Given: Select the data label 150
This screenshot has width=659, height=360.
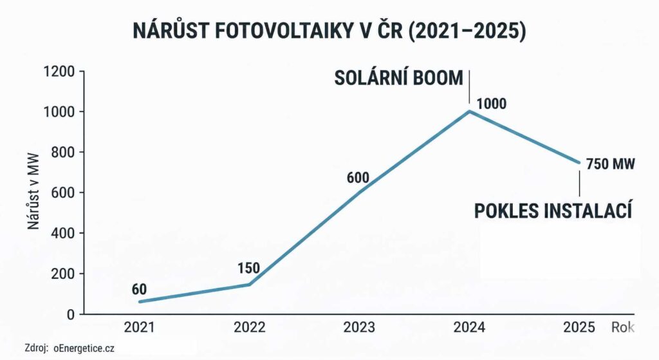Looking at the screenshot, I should tap(248, 268).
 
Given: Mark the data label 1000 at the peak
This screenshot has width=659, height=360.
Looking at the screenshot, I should tap(491, 104).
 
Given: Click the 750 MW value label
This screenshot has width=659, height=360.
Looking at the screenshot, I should tap(610, 164).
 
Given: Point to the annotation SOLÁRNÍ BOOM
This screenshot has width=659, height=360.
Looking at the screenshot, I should tap(398, 79).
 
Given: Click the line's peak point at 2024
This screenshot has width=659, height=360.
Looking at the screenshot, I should tap(469, 111).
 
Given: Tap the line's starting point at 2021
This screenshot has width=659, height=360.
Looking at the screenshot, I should tap(140, 301).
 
